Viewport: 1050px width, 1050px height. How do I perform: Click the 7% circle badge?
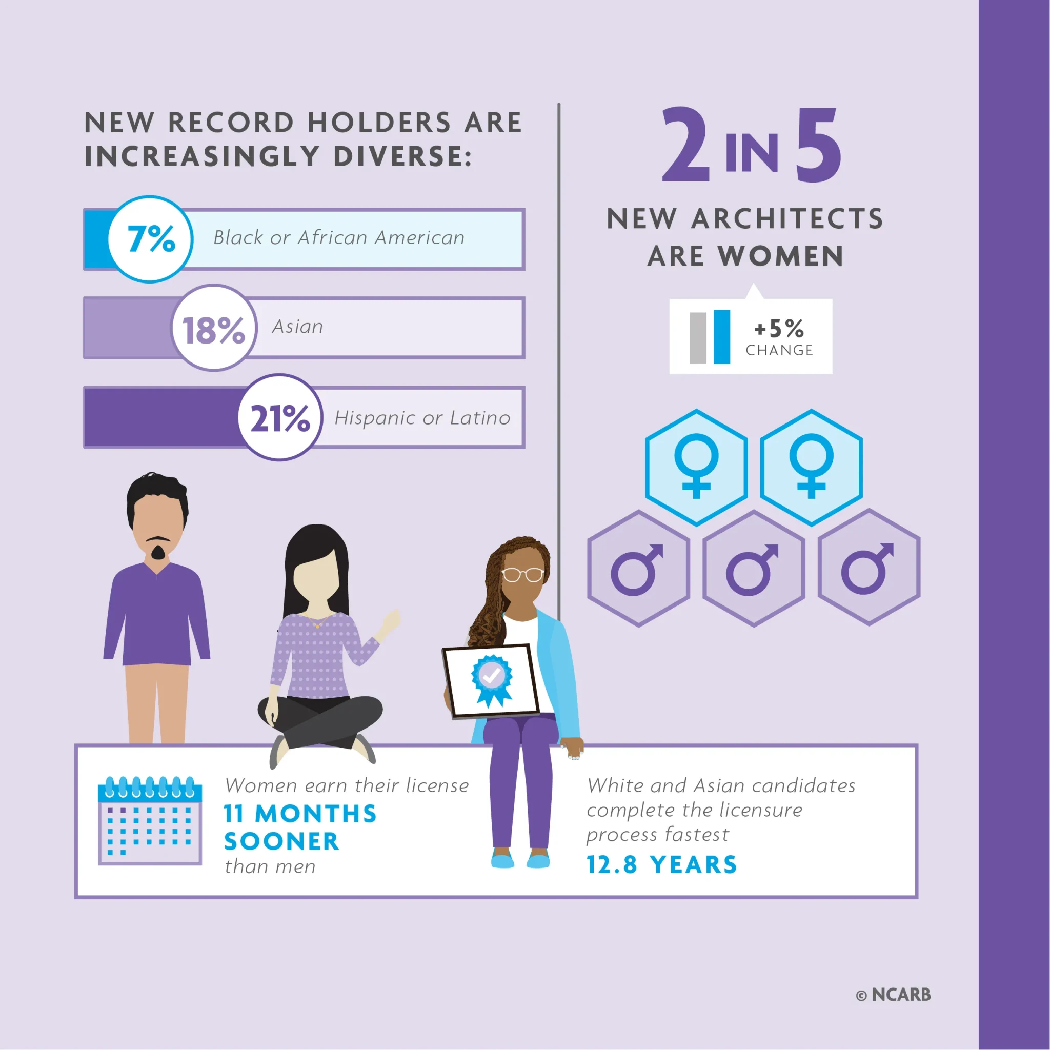point(151,239)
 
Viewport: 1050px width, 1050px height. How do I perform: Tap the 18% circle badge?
point(214,328)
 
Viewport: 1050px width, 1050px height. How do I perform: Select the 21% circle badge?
point(280,417)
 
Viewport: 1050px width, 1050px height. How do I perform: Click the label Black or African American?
point(338,237)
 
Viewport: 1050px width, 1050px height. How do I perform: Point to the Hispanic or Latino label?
point(422,417)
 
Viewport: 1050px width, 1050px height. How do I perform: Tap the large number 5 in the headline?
point(818,145)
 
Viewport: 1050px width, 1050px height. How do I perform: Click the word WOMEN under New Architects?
point(780,256)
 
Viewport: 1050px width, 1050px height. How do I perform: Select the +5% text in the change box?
point(779,328)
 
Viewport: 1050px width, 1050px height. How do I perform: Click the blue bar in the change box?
point(721,336)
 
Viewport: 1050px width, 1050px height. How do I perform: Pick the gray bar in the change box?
point(697,337)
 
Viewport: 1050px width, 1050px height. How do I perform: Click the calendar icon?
point(150,821)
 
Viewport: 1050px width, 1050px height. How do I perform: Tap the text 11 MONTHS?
point(300,814)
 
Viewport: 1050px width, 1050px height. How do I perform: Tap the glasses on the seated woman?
point(522,574)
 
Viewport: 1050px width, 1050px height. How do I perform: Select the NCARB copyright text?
point(894,995)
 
